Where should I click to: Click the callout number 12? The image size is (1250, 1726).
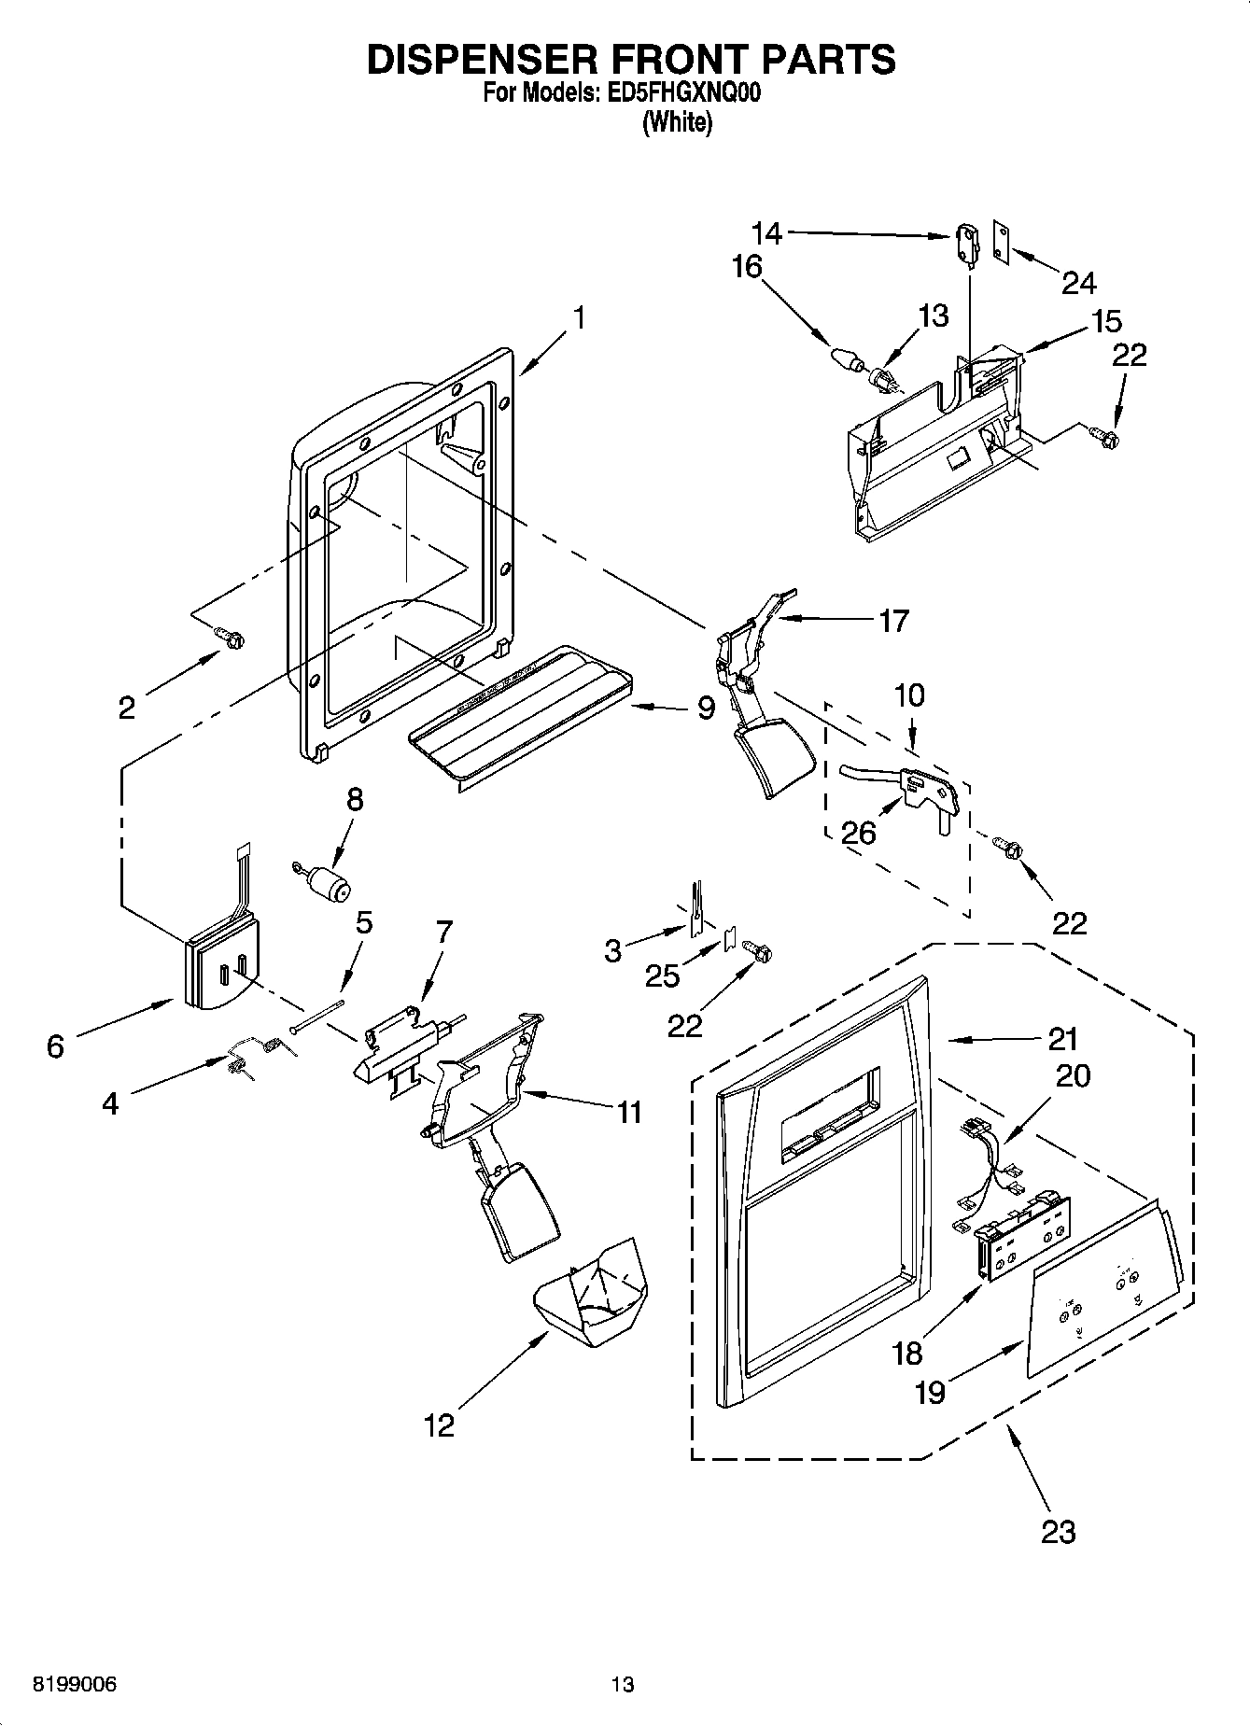pos(439,1425)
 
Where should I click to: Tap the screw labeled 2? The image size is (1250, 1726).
pos(230,637)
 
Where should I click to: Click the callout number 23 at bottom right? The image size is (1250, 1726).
pos(1058,1531)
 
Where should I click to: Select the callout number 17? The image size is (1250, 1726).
pos(893,621)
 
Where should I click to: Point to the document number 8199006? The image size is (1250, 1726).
pos(75,1685)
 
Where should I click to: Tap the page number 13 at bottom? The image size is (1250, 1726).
pos(623,1685)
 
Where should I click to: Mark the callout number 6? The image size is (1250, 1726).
pos(55,1046)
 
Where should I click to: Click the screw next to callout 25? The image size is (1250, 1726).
pos(758,951)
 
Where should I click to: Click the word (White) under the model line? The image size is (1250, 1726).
pos(677,123)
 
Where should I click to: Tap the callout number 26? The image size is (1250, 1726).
pos(858,832)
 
